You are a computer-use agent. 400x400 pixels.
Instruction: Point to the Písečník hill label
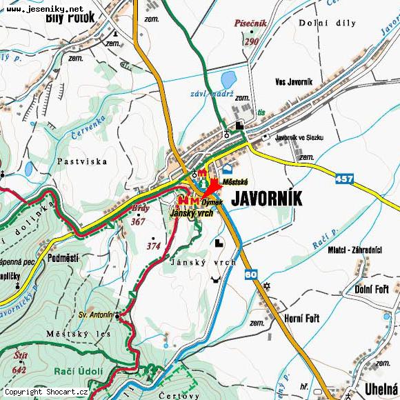(250, 24)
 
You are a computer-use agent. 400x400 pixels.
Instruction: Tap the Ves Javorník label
(293, 81)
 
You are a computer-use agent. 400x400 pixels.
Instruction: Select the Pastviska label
(83, 161)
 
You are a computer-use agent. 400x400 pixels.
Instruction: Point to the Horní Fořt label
(302, 318)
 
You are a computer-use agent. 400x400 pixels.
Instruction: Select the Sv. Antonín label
(95, 314)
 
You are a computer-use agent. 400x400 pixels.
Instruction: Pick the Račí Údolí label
(78, 371)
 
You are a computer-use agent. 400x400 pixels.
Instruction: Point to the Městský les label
(69, 334)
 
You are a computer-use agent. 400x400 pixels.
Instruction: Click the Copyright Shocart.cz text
(46, 392)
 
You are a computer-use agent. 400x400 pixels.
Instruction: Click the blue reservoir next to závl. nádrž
(229, 79)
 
